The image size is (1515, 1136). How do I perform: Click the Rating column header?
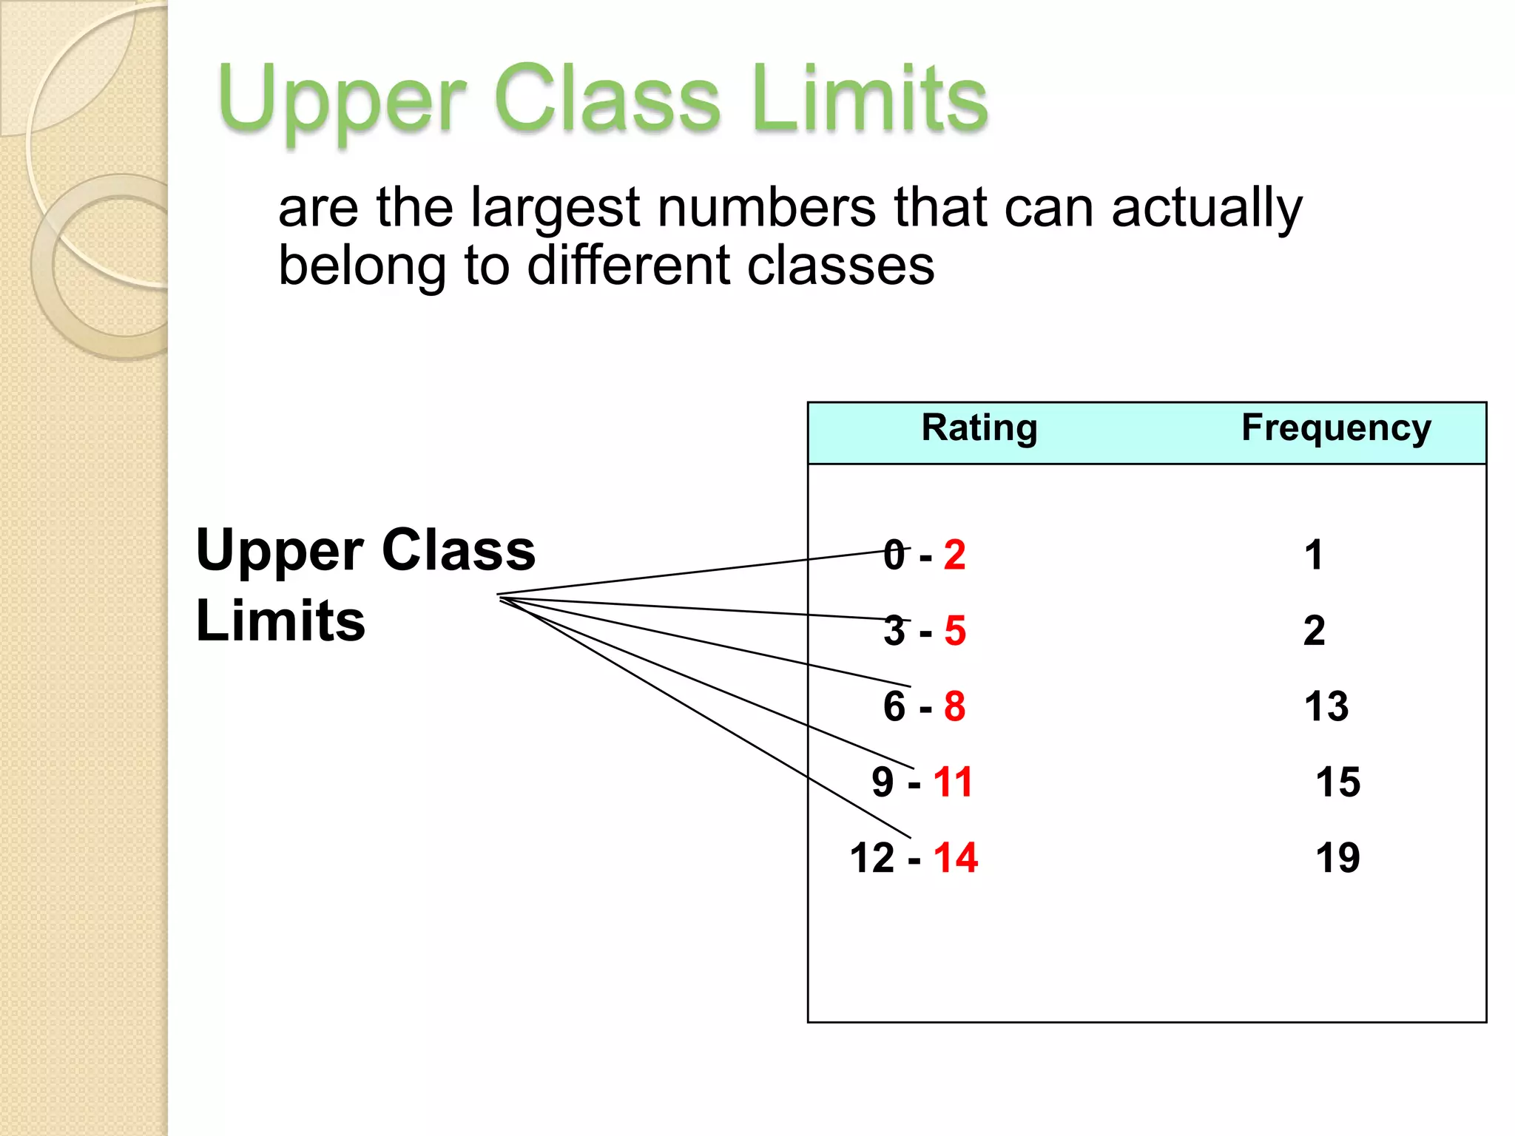pyautogui.click(x=979, y=429)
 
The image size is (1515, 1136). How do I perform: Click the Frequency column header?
pyautogui.click(x=1336, y=429)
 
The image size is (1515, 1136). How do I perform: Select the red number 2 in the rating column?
pyautogui.click(x=954, y=555)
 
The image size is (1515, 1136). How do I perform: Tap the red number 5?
pyautogui.click(x=954, y=631)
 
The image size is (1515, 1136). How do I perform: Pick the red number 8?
pyautogui.click(x=954, y=706)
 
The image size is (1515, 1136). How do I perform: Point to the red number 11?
pyautogui.click(x=953, y=782)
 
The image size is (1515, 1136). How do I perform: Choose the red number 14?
pyautogui.click(x=955, y=858)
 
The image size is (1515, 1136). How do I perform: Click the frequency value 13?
pyautogui.click(x=1326, y=706)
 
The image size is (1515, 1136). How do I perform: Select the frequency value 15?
pyautogui.click(x=1337, y=782)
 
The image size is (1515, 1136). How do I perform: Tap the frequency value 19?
pyautogui.click(x=1337, y=858)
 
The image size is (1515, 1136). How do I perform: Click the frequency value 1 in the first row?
pyautogui.click(x=1314, y=555)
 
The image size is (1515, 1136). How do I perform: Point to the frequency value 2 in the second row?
pyautogui.click(x=1314, y=631)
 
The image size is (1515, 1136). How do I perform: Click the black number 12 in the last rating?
pyautogui.click(x=872, y=858)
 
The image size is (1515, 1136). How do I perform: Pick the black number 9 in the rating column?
pyautogui.click(x=883, y=782)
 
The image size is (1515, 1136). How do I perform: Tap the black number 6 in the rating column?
pyautogui.click(x=894, y=706)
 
